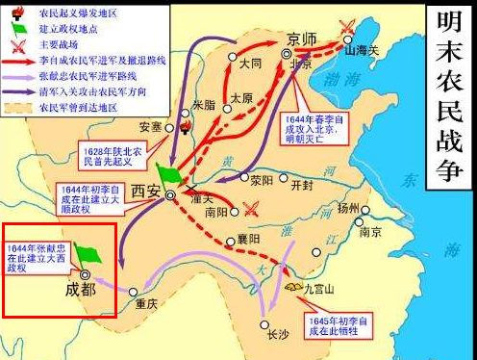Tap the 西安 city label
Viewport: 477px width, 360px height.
pos(145,190)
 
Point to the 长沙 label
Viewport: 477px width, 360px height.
pos(277,334)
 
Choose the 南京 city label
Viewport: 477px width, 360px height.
pos(368,232)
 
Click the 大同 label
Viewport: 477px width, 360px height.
pos(250,64)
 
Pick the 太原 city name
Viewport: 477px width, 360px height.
pos(242,98)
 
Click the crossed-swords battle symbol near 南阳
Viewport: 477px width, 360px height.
pos(253,207)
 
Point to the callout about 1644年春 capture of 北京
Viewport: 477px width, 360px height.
pos(314,125)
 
